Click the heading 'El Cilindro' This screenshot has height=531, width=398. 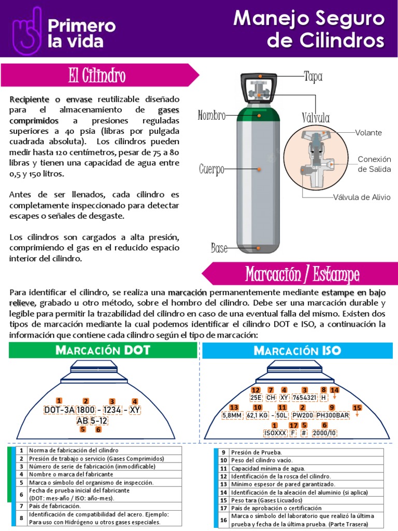97,76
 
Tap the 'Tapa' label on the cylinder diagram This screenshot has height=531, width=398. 313,77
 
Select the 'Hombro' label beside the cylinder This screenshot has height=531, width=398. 212,116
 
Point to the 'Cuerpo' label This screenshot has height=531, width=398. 212,170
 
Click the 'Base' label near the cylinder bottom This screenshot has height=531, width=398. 219,248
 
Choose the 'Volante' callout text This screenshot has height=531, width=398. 368,133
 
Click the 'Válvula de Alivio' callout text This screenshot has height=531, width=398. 362,197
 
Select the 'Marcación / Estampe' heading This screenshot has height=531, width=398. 302,274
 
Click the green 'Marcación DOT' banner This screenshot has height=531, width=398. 103,350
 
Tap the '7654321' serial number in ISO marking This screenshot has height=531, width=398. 304,398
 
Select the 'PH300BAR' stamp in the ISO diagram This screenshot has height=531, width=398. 333,415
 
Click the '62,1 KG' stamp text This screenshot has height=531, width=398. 258,415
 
